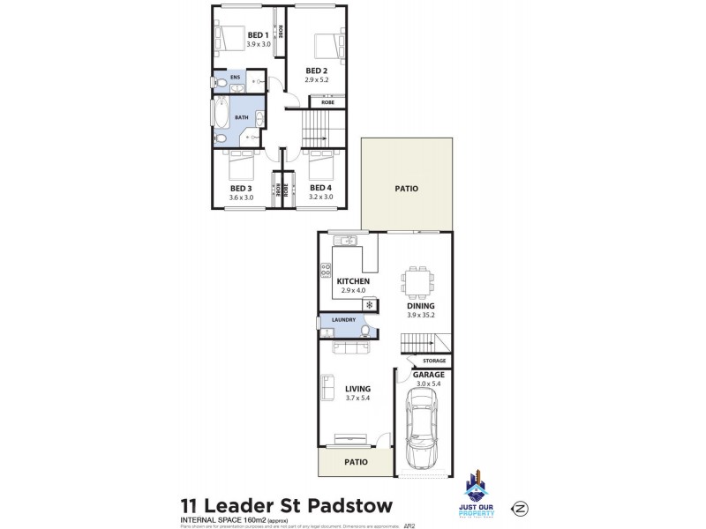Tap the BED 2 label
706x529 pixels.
[x=317, y=70]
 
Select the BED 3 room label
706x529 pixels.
[x=241, y=188]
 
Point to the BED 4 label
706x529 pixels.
[x=319, y=188]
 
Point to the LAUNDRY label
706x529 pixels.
[x=343, y=320]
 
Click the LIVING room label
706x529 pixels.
[x=357, y=389]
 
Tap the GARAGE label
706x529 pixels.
[x=429, y=374]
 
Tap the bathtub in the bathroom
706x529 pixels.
[x=219, y=115]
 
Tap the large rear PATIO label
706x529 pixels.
[x=406, y=189]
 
